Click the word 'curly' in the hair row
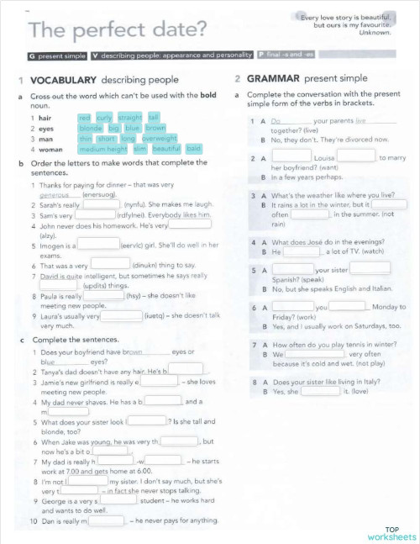point(104,118)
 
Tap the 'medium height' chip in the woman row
point(103,149)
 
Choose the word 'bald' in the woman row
point(194,149)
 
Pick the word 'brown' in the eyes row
point(155,129)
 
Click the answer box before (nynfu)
point(101,203)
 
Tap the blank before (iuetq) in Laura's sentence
point(121,316)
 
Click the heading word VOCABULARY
point(64,81)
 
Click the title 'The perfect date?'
point(118,31)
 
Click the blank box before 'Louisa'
point(291,156)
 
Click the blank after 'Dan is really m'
point(106,520)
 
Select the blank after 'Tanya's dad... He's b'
point(191,368)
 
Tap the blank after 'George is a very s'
point(118,499)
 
